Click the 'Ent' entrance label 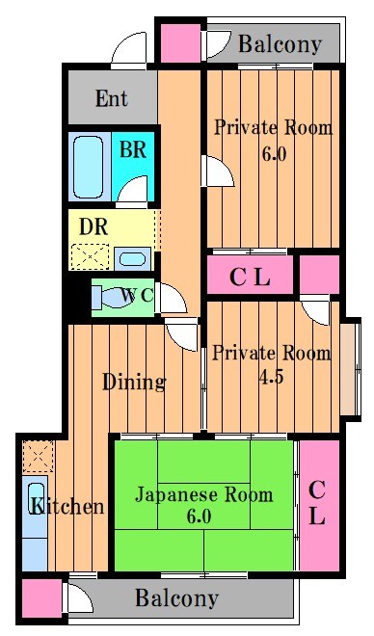click(112, 97)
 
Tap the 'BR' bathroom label click(132, 150)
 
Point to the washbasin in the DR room click(130, 258)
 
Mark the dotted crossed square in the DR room click(90, 257)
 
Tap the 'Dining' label click(134, 382)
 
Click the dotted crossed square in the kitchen click(38, 455)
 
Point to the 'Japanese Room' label click(202, 495)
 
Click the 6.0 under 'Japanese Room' click(200, 517)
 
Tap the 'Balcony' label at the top click(280, 44)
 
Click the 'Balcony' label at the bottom click(176, 598)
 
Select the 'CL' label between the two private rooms click(250, 278)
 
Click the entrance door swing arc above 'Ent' click(126, 51)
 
